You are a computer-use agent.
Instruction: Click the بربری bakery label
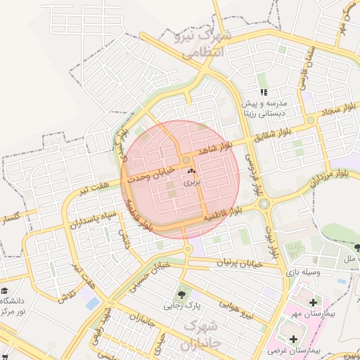pyautogui.click(x=192, y=181)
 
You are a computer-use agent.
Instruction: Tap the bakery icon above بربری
pyautogui.click(x=192, y=171)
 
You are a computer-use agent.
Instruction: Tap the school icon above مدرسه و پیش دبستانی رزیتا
pyautogui.click(x=264, y=92)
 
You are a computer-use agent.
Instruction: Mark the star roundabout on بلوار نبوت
pyautogui.click(x=264, y=204)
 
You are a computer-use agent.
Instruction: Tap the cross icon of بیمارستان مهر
pyautogui.click(x=312, y=302)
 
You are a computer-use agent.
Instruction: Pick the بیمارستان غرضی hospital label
pyautogui.click(x=309, y=349)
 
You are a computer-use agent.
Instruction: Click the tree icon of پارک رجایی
pyautogui.click(x=183, y=294)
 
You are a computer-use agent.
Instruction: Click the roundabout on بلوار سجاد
pyautogui.click(x=310, y=120)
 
